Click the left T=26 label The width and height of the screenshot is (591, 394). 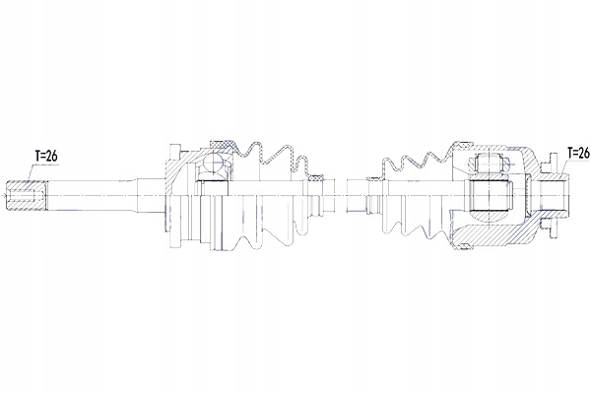click(46, 156)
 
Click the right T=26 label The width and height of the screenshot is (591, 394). click(578, 153)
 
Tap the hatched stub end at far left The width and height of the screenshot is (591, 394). click(27, 195)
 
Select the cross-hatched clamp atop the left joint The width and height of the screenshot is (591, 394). click(222, 144)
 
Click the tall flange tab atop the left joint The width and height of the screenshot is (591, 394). click(175, 152)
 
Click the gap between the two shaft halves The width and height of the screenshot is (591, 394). click(341, 195)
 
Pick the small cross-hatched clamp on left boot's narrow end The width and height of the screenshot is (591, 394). click(316, 176)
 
